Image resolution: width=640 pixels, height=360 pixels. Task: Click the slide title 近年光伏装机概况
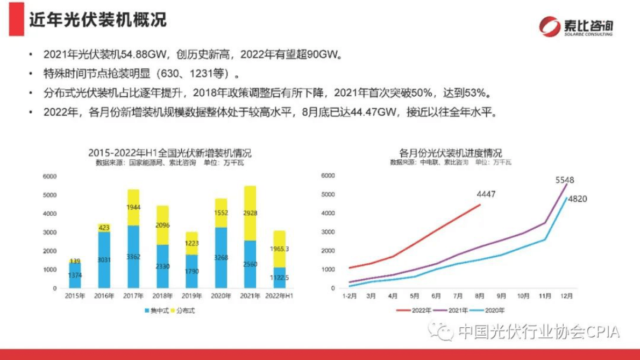97,20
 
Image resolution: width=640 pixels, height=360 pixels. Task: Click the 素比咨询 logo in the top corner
576,26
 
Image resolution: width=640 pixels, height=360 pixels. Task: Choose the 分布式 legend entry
184,310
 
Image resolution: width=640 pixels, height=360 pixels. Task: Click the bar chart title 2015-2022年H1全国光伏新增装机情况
169,153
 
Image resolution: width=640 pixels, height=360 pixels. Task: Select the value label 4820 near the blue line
578,199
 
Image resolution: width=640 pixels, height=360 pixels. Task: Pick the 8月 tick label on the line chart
480,296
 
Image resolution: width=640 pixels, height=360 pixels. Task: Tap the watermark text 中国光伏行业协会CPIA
538,331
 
